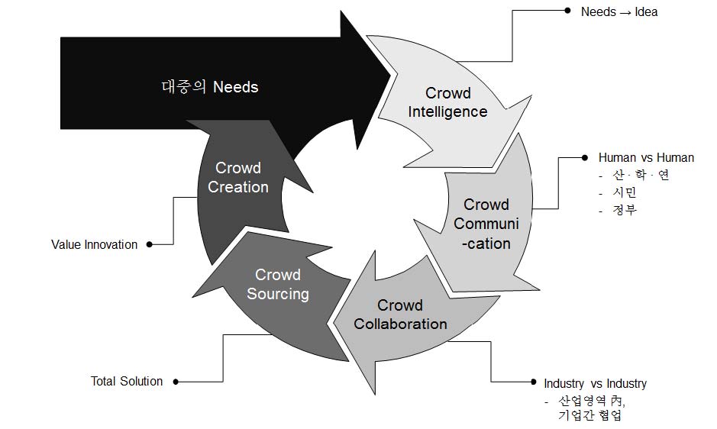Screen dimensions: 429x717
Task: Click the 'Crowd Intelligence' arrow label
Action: click(447, 102)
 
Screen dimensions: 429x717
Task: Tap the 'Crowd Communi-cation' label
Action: click(486, 224)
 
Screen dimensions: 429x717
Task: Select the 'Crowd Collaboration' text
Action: click(400, 314)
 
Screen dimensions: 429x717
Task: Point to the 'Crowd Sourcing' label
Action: click(278, 284)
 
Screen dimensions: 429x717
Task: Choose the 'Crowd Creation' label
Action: click(238, 177)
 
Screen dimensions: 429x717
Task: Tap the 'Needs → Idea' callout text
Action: click(619, 11)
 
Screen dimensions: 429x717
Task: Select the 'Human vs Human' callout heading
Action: click(646, 157)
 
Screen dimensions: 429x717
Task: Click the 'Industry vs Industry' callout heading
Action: click(595, 383)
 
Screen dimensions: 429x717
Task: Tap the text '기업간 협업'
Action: click(589, 416)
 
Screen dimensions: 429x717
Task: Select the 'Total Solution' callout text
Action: click(127, 381)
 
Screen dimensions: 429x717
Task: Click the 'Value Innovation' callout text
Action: click(95, 244)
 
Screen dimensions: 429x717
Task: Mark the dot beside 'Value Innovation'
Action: click(149, 244)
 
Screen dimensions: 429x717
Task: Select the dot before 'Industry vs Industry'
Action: click(533, 382)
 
